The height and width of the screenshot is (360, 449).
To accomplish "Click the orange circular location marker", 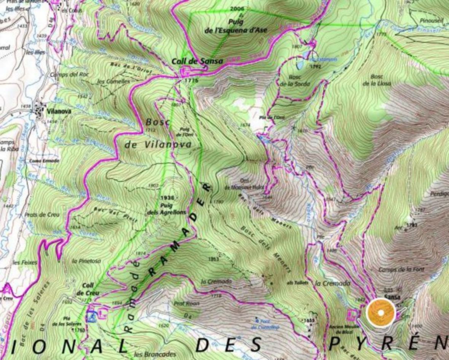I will click(381, 312).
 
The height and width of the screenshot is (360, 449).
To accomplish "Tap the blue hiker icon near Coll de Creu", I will click(91, 316).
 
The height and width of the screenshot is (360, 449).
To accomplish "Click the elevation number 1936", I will click(167, 198).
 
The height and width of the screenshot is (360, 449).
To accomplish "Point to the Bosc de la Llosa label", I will click(376, 80).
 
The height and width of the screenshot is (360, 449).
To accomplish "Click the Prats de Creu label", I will click(42, 215).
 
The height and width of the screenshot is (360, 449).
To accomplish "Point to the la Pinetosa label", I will click(86, 261).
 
